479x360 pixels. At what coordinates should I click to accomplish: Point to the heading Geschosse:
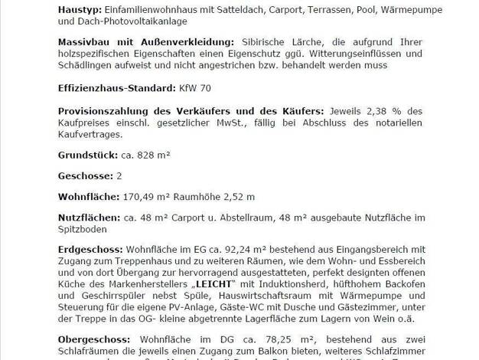pos(83,175)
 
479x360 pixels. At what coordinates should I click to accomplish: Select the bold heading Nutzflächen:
pos(89,218)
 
